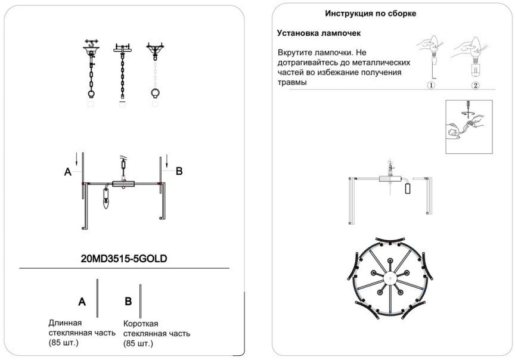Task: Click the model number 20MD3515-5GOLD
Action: (x=123, y=259)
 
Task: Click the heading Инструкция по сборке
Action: (x=370, y=13)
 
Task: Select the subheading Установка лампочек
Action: (x=319, y=33)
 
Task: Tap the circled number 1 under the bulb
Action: (x=430, y=85)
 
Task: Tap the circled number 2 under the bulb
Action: (x=475, y=85)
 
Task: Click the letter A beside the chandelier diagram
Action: (x=68, y=172)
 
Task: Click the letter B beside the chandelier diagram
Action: (x=178, y=171)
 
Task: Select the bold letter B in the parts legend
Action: (x=128, y=302)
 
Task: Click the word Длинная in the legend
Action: (x=65, y=322)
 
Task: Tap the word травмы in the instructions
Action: (x=292, y=82)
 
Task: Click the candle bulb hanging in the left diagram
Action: (x=107, y=201)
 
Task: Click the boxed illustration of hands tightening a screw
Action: (x=469, y=127)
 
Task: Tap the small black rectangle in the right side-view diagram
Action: (x=408, y=188)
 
